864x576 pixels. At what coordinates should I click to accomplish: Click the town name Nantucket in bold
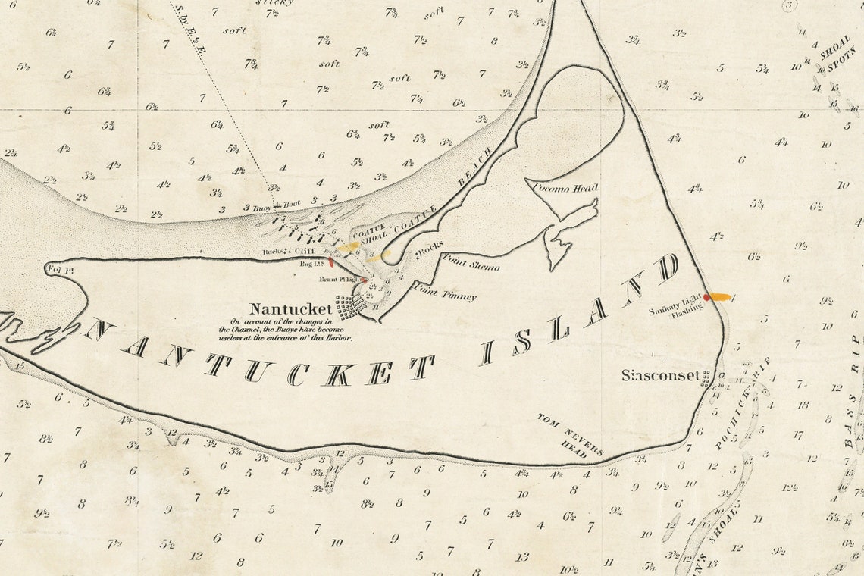[291, 309]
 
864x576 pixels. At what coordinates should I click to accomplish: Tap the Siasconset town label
[659, 375]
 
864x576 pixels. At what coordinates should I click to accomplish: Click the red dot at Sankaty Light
[707, 297]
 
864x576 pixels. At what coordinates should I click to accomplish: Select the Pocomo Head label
[565, 187]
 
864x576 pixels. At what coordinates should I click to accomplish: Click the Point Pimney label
[444, 292]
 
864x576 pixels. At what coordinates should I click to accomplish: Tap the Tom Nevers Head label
[572, 436]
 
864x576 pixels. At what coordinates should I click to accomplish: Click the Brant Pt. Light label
[339, 280]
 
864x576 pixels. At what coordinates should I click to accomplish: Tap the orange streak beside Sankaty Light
[719, 297]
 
